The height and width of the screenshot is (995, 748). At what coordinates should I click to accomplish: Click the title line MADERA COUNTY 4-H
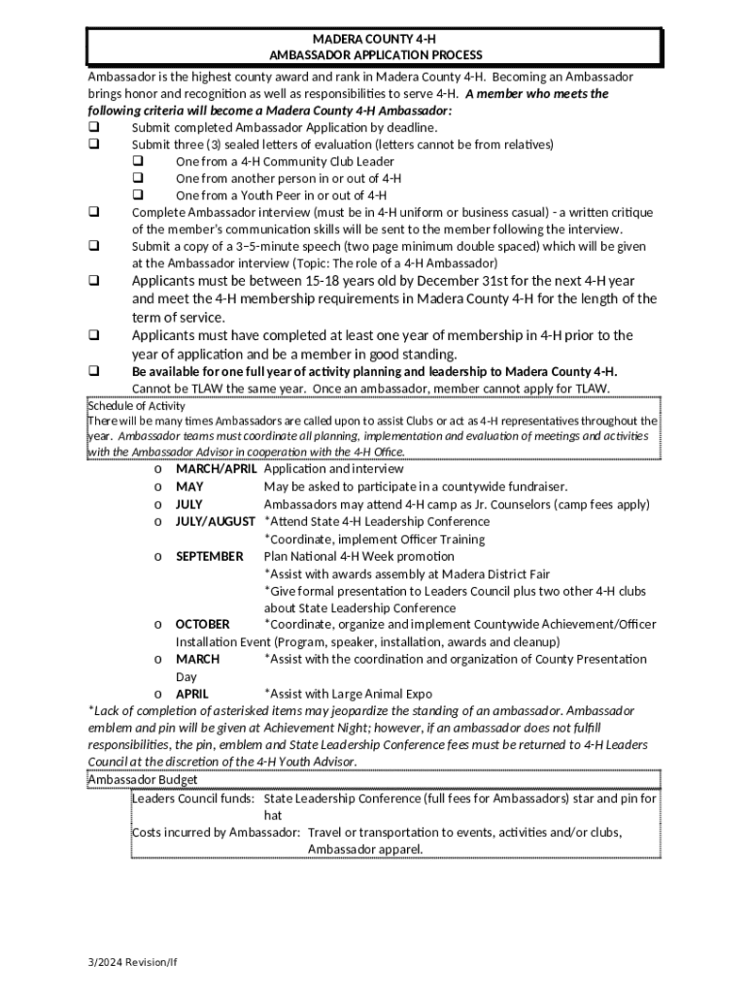click(x=374, y=38)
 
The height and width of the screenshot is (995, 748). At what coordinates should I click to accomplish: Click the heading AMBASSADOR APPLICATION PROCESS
click(x=374, y=55)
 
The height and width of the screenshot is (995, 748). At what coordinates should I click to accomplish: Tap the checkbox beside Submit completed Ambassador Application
click(x=94, y=127)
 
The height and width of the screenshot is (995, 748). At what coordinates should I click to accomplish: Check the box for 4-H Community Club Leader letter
click(x=138, y=161)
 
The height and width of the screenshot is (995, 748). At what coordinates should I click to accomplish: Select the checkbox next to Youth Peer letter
click(x=138, y=195)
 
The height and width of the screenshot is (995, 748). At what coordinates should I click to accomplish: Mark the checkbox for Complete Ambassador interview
click(x=94, y=213)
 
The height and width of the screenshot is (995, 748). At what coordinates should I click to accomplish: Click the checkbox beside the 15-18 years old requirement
click(x=94, y=282)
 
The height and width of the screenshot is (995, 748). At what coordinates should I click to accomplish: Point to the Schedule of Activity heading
click(x=136, y=405)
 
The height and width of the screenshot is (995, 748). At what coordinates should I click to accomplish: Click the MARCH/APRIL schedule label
click(x=216, y=469)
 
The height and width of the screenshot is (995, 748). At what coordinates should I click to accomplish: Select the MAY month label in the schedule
click(x=189, y=487)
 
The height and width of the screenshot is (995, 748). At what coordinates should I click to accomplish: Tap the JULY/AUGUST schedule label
click(x=215, y=522)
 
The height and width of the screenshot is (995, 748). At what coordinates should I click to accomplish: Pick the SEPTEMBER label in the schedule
click(x=209, y=557)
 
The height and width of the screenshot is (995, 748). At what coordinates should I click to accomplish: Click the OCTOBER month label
click(x=202, y=625)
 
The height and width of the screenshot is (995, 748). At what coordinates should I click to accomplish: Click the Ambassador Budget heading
click(x=142, y=780)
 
